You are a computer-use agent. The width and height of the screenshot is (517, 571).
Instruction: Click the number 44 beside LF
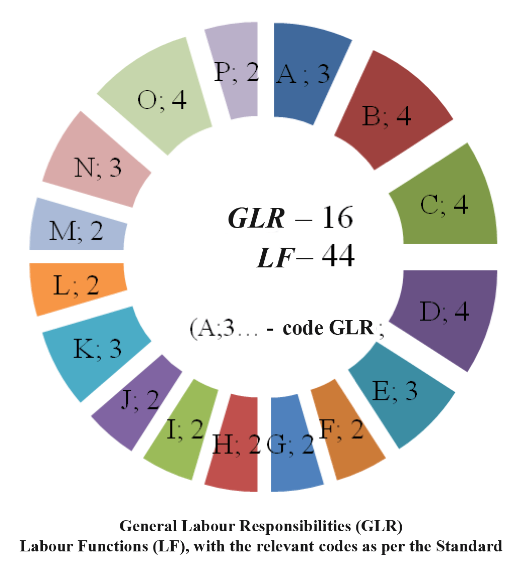[331, 257]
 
